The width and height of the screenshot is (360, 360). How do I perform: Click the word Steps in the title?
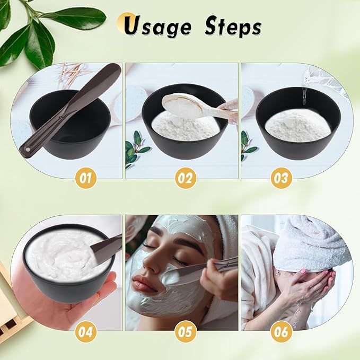233,26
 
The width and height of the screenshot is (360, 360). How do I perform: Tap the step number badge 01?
85,178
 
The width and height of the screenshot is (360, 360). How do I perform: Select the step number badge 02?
186,178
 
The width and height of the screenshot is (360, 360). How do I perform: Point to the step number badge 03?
281,178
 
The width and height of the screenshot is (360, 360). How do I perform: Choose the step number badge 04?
85,332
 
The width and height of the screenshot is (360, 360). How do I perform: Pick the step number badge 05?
186,332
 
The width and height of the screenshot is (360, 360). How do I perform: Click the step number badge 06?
281,332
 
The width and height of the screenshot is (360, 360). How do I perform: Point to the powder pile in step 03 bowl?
293,126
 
